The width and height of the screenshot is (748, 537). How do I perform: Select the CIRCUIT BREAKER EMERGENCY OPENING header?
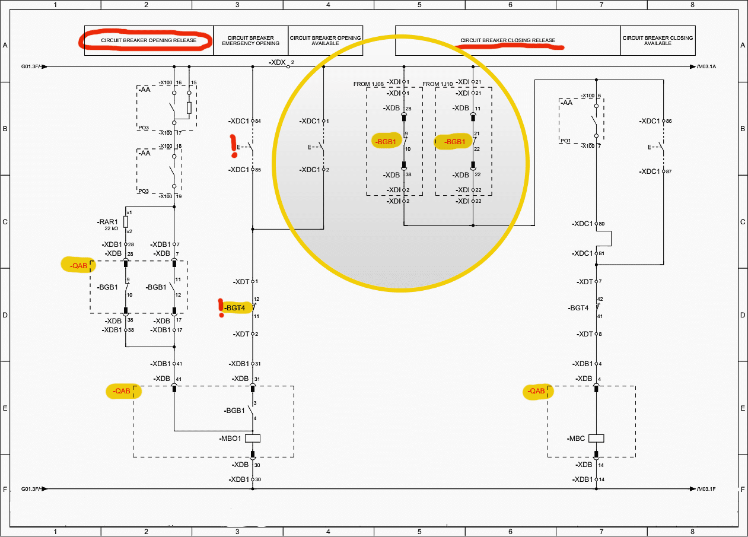coord(250,41)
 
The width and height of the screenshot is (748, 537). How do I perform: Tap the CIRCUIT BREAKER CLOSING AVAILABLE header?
coord(657,41)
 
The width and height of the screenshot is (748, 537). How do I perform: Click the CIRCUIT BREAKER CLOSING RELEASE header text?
coord(508,41)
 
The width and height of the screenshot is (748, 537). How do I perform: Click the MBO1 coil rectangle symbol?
coord(253,439)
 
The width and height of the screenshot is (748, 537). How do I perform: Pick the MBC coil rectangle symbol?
coord(596,439)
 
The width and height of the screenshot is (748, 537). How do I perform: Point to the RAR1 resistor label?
coord(108,221)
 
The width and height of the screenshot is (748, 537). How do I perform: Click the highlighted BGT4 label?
coord(235,307)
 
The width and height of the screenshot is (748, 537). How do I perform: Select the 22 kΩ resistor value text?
coord(110,228)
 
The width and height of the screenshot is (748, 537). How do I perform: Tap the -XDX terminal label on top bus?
coord(277,62)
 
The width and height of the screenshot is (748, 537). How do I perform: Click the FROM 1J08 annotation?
coord(369,84)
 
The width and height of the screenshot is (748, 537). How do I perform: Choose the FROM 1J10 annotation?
coord(438,84)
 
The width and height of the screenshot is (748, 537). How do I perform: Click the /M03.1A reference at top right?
coord(706,67)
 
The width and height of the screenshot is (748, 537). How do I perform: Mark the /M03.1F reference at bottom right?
coord(706,490)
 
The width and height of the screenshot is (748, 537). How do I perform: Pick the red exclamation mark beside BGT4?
coord(221,307)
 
